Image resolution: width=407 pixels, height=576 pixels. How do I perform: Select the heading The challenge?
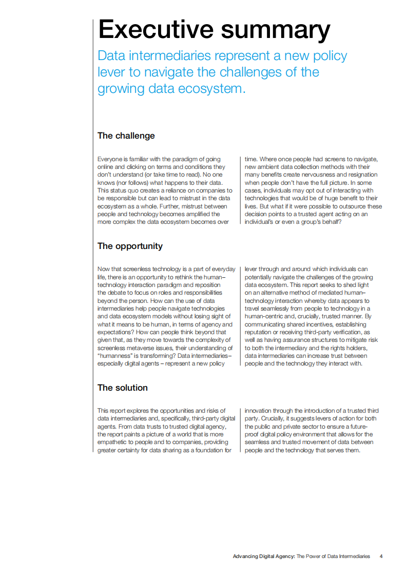[126, 136]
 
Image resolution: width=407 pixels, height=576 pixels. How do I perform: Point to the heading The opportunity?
[130, 246]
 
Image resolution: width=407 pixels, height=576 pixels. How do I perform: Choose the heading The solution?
[122, 388]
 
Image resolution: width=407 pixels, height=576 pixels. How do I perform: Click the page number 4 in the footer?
[381, 556]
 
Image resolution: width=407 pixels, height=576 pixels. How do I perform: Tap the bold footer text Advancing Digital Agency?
[263, 556]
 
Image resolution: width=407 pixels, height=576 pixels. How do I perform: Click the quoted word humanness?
[116, 356]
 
